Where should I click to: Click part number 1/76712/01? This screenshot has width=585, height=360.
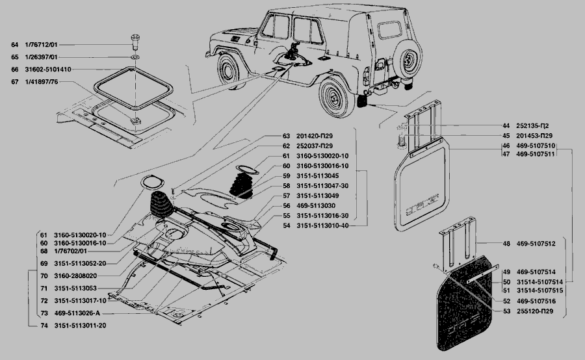point(41,45)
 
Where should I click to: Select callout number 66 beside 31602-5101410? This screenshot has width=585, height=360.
point(14,69)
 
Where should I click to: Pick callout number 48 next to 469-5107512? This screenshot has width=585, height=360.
point(506,244)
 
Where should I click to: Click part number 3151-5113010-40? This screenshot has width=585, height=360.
point(322,225)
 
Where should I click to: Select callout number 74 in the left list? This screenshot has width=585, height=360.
point(43,325)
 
